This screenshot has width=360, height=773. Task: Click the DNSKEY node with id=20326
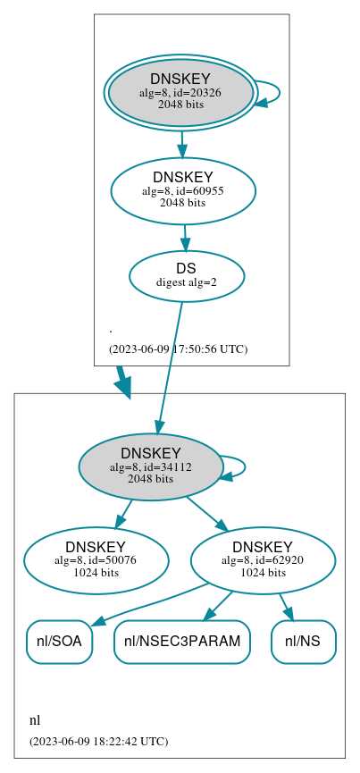[180, 92]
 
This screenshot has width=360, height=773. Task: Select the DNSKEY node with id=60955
[183, 190]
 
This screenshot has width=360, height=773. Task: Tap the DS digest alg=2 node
[187, 275]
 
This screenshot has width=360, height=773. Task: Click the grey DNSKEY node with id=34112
[151, 466]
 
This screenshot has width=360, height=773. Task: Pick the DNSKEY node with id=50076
[96, 560]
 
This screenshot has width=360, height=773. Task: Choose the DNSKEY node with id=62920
[263, 560]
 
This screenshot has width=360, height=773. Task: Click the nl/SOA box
[59, 642]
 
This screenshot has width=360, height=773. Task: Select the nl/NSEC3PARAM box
[181, 642]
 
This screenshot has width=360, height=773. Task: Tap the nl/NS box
[303, 642]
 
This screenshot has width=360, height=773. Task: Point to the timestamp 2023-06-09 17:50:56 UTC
[178, 349]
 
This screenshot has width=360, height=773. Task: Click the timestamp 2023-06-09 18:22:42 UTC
[98, 741]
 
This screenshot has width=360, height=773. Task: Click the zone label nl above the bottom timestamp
[35, 720]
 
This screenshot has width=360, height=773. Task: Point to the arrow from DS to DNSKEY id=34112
[170, 366]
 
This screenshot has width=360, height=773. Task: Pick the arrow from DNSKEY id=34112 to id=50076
[123, 514]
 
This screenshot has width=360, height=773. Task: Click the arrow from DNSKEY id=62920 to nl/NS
[287, 606]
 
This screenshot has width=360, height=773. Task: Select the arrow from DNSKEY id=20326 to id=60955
[181, 142]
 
